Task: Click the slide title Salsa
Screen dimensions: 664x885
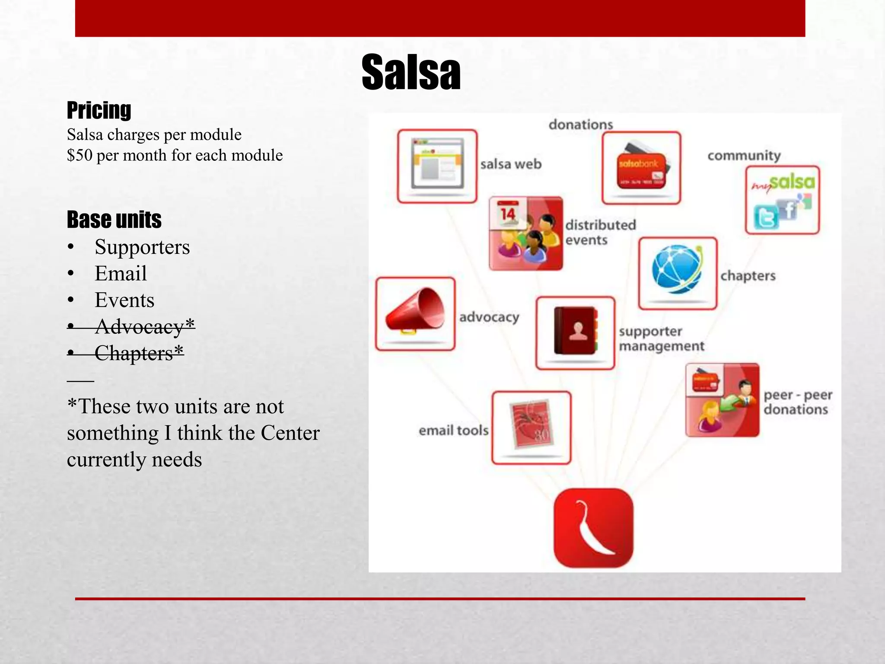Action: (x=411, y=72)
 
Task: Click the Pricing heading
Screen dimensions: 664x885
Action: (x=99, y=110)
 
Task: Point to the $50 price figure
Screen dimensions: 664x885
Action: (x=80, y=155)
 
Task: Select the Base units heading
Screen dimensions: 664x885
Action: (x=114, y=220)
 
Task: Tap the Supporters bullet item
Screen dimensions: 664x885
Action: (x=142, y=247)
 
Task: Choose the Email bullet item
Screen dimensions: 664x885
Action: (x=121, y=274)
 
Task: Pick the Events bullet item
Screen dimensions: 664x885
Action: (x=124, y=300)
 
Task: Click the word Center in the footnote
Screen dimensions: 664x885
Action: (x=290, y=433)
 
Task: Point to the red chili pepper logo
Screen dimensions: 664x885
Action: (x=594, y=528)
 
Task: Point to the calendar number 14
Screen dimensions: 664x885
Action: (x=508, y=213)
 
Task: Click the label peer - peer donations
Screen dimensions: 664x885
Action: (x=797, y=402)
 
